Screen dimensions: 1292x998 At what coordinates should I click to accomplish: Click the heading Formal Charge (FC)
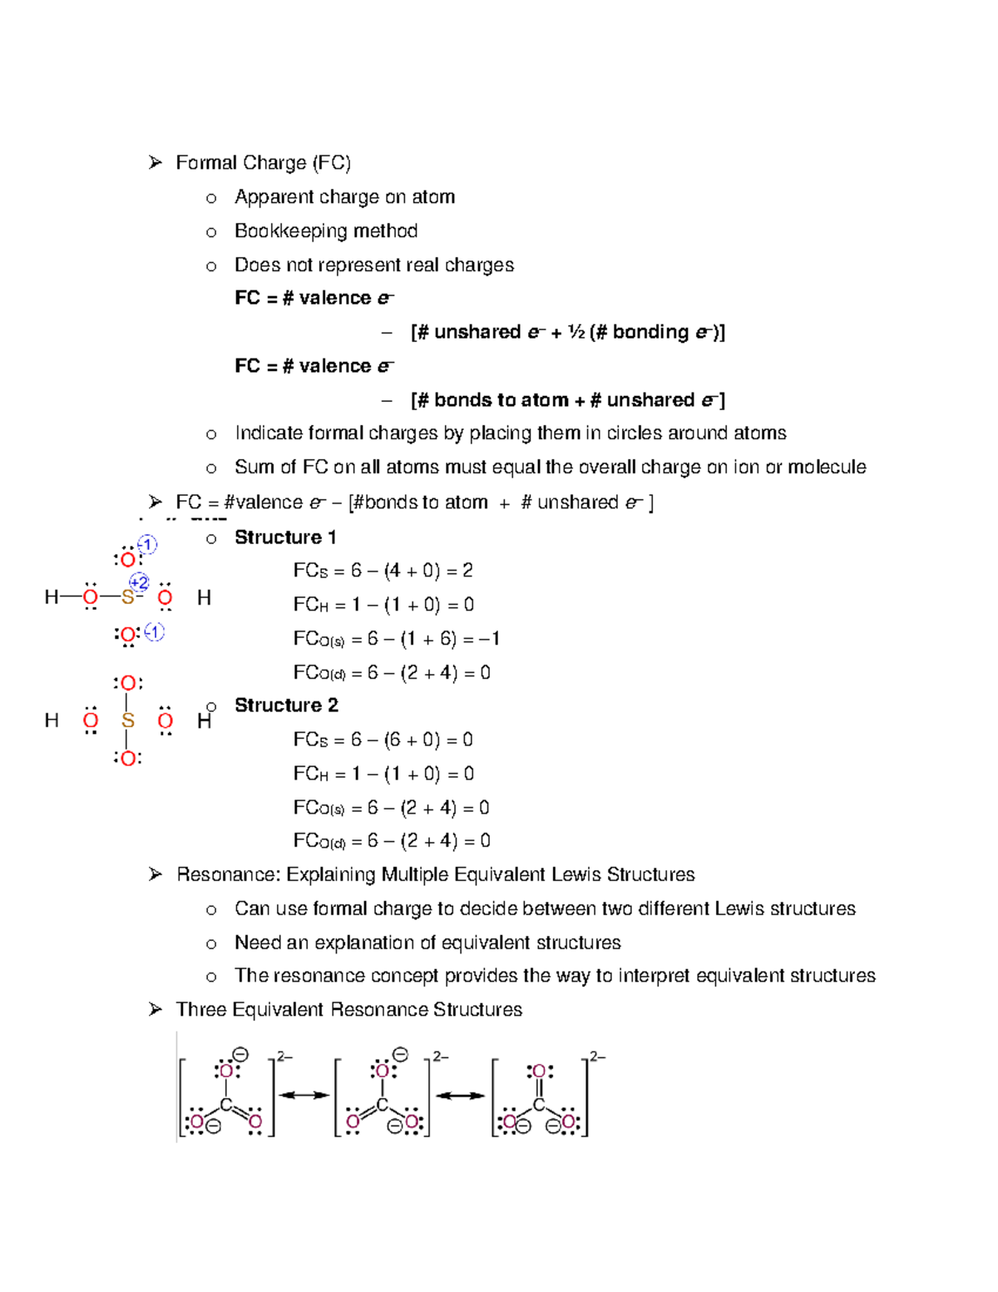[263, 163]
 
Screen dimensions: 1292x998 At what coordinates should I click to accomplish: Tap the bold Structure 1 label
[285, 537]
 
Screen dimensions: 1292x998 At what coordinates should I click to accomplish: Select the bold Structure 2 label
[286, 705]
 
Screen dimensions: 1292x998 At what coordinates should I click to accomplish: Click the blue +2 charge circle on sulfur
[139, 582]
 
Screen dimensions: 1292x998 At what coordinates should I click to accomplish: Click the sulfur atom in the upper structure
[127, 597]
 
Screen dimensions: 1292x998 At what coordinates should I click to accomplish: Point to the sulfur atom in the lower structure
[127, 720]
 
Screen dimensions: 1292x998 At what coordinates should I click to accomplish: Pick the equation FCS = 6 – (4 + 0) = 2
[383, 571]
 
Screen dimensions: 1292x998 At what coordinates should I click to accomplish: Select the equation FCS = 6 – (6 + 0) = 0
[383, 740]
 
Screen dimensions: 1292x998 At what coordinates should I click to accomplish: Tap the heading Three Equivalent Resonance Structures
[348, 1010]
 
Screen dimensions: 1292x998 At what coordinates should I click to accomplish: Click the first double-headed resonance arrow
[304, 1096]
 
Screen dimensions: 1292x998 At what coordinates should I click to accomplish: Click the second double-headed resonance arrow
[460, 1096]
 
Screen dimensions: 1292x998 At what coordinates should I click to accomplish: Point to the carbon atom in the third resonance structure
[539, 1105]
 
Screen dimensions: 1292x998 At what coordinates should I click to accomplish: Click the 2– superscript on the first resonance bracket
[284, 1057]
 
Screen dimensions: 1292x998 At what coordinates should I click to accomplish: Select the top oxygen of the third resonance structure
[539, 1072]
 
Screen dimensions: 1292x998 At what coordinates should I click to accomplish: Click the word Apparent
[270, 197]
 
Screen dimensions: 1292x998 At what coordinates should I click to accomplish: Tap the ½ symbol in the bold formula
[576, 333]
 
